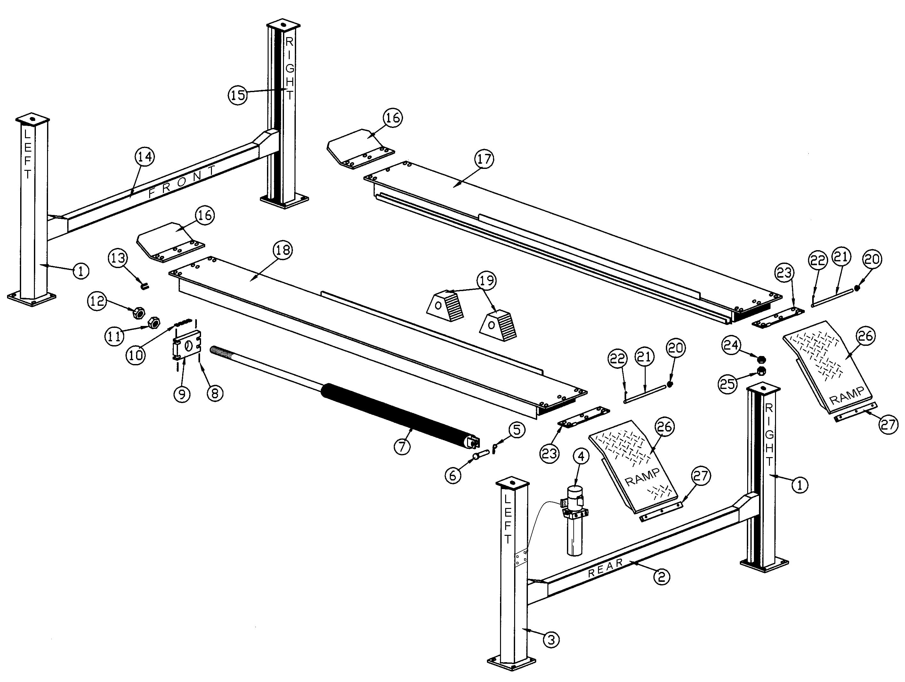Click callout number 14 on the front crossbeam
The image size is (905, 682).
click(x=145, y=157)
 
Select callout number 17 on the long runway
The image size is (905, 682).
click(x=484, y=159)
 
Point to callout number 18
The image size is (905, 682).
click(x=283, y=250)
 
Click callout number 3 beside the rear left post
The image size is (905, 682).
click(x=551, y=639)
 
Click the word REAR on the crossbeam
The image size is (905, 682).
click(x=605, y=568)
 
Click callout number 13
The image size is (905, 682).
click(x=118, y=258)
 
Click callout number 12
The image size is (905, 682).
click(x=97, y=302)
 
